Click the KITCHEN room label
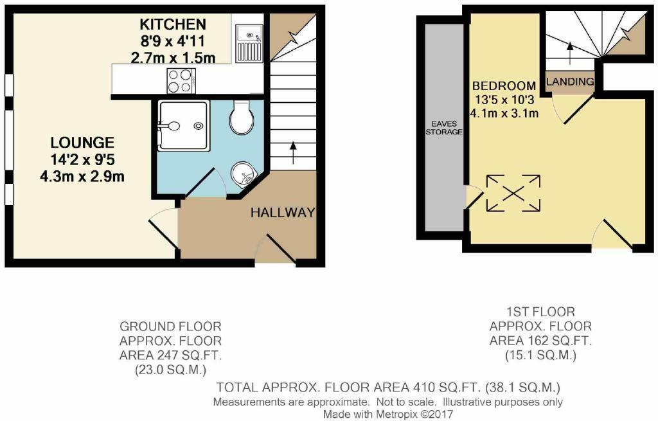pos(172,24)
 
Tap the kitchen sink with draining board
pos(249,43)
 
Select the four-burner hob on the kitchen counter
pos(181,81)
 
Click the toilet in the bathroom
pos(242,117)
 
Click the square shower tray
pos(183,125)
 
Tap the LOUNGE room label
pos(82,143)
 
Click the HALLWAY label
pos(283,212)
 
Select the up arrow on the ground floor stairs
pos(292,154)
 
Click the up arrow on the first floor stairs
pos(570,53)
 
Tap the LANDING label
pos(570,82)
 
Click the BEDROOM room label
pos(504,86)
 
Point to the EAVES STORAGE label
pos(444,128)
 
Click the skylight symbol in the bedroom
pos(513,193)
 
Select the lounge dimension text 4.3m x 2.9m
pos(82,176)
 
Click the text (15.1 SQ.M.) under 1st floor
pos(540,355)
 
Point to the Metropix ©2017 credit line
pos(388,415)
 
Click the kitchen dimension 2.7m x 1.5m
pos(173,57)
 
